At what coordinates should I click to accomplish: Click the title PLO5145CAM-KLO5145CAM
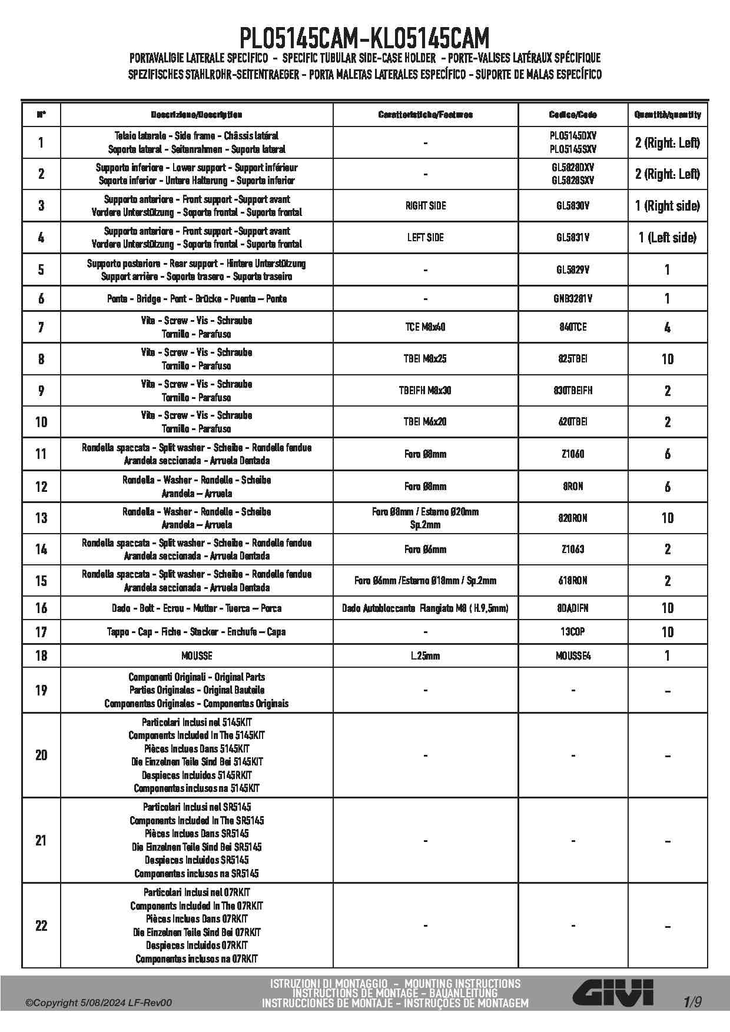[364, 39]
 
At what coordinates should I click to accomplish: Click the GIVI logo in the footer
[613, 993]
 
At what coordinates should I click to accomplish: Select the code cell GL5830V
[573, 206]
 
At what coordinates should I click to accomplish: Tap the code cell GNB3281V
[573, 299]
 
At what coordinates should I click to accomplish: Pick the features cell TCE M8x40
[425, 327]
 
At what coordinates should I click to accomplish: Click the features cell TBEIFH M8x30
[425, 391]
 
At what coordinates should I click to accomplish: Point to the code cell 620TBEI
[573, 422]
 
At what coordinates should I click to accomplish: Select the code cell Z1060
[573, 454]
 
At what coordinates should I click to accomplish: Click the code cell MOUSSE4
[573, 655]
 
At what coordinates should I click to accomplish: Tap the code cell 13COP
[573, 632]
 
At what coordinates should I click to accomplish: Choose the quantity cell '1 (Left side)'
[667, 238]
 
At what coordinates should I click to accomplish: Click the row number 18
[41, 655]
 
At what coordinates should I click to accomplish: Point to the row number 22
[41, 926]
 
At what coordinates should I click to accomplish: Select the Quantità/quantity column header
[667, 115]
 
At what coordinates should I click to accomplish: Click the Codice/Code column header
[573, 115]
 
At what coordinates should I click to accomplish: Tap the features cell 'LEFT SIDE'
[425, 238]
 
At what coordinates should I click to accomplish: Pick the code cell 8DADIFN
[573, 608]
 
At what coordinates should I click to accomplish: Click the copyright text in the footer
[99, 1003]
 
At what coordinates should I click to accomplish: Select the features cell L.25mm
[425, 655]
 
